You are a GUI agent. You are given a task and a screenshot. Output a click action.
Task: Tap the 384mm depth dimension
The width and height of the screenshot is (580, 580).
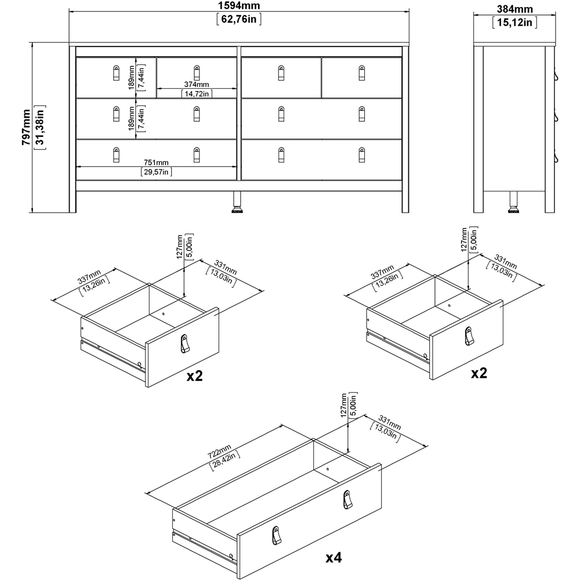coord(515,9)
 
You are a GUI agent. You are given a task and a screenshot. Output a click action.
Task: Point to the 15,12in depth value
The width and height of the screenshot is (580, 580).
coord(515,23)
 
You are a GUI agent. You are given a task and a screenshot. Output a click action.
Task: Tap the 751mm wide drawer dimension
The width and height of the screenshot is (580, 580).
coord(157,162)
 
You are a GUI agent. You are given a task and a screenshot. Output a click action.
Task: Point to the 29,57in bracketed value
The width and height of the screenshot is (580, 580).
coord(157,172)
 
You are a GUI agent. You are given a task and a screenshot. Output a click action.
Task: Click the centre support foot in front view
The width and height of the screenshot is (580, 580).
coord(237,203)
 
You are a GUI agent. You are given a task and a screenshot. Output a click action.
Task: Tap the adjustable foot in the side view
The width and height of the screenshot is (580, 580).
coord(514,203)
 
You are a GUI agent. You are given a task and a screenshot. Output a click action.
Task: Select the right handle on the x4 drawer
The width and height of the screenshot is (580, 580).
coord(347,498)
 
